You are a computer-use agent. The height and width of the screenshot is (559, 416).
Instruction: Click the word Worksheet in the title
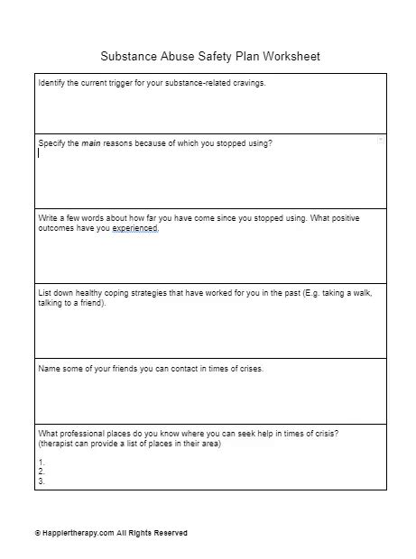tap(291, 56)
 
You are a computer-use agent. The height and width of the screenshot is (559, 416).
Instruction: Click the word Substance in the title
tap(129, 56)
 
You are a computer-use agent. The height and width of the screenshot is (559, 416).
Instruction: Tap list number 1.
tap(42, 463)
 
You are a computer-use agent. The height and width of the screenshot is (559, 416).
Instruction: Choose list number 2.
tap(42, 472)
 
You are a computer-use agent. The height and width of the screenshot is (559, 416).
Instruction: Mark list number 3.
tap(42, 481)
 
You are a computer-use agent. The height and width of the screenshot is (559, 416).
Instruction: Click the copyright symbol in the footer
tap(38, 533)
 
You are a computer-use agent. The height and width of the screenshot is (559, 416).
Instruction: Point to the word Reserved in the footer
tap(169, 533)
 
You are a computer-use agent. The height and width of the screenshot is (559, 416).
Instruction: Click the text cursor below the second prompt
tap(39, 153)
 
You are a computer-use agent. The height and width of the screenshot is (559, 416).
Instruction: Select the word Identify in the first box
tap(53, 82)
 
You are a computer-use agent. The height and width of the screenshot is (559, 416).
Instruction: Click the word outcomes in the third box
tap(57, 228)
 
